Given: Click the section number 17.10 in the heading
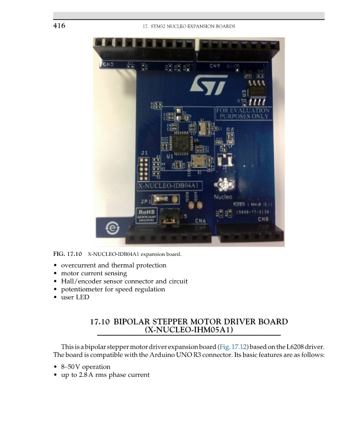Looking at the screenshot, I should [x=101, y=322].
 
